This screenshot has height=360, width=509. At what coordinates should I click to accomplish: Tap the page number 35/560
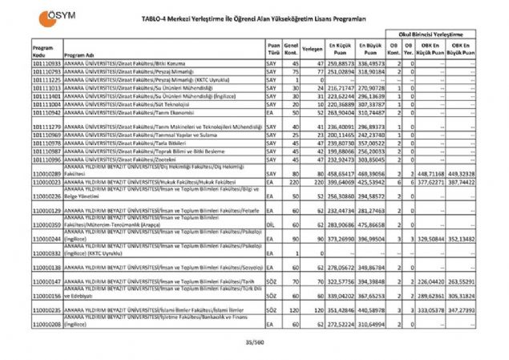tap(254, 343)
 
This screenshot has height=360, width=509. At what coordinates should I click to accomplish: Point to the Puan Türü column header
tap(273, 51)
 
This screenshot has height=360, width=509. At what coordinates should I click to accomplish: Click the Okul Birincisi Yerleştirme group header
tap(432, 34)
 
